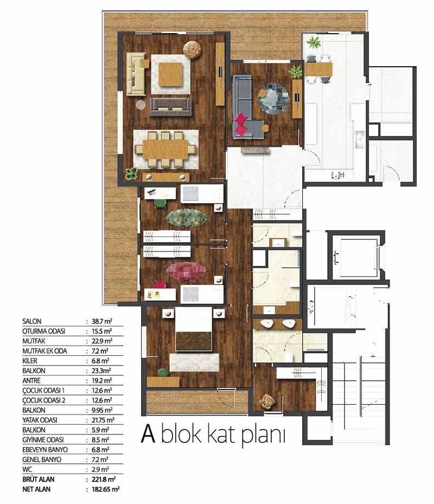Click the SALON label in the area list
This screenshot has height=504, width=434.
click(x=32, y=321)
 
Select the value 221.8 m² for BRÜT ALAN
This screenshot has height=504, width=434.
click(x=104, y=479)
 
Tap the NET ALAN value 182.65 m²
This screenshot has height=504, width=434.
click(x=106, y=489)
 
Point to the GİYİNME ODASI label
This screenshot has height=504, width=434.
click(x=43, y=440)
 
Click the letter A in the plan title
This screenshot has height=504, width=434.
click(x=148, y=433)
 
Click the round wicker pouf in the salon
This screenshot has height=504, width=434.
click(x=192, y=49)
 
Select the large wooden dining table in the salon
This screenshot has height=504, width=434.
click(x=165, y=149)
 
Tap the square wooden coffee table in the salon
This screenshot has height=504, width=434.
click(x=170, y=74)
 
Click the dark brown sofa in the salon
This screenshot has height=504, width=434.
click(x=170, y=106)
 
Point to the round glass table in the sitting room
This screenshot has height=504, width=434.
click(x=273, y=99)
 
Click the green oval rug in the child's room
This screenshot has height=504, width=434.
click(x=187, y=218)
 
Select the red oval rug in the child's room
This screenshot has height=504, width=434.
click(x=186, y=271)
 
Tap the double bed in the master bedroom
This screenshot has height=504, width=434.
click(x=194, y=329)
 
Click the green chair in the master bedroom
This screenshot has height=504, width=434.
click(x=163, y=373)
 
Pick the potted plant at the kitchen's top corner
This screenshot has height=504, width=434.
click(x=314, y=42)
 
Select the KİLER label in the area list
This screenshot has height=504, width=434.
click(x=30, y=361)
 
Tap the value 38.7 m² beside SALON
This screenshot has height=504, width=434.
click(x=102, y=321)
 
